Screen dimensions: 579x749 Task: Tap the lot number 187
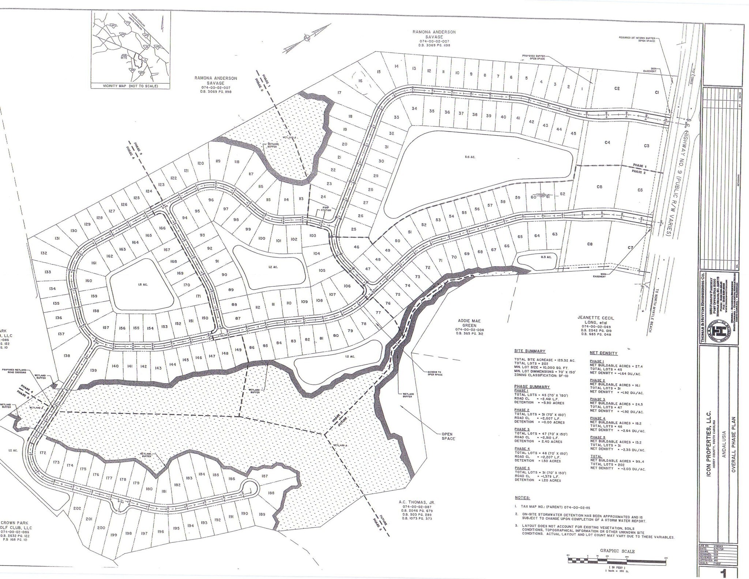point(264,476)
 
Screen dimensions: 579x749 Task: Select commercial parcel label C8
point(589,244)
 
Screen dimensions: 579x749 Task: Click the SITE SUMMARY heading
point(530,351)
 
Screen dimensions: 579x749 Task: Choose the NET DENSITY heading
point(603,353)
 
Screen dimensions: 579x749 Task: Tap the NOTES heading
point(522,498)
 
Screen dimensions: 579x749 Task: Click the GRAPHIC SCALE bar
point(616,559)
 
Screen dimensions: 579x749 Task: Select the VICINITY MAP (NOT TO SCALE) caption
point(131,86)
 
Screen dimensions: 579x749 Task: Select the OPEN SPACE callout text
point(447,436)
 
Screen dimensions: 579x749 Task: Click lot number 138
point(67,356)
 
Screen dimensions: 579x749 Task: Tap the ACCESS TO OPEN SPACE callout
point(435,373)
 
